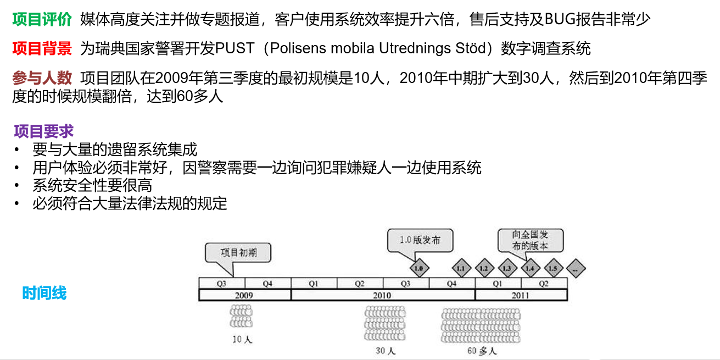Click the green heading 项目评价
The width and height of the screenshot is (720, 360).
42,20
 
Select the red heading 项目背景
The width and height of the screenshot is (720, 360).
42,48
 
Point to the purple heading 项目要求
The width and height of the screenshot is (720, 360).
44,131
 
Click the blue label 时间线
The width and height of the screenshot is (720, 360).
44,293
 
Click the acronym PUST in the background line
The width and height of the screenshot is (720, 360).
235,48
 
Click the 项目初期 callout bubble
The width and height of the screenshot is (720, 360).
238,253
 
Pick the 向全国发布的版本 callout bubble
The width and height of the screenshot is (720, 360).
530,240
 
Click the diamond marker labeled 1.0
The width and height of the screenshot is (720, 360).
419,269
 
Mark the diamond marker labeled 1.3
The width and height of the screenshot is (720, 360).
506,269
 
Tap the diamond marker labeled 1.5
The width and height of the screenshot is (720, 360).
552,269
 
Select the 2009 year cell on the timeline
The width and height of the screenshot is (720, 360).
244,295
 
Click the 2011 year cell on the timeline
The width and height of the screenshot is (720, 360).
521,295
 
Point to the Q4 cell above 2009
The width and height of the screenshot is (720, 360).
267,284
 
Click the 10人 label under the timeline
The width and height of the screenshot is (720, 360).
242,340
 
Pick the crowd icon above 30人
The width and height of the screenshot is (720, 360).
384,324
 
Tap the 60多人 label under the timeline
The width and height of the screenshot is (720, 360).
482,351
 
